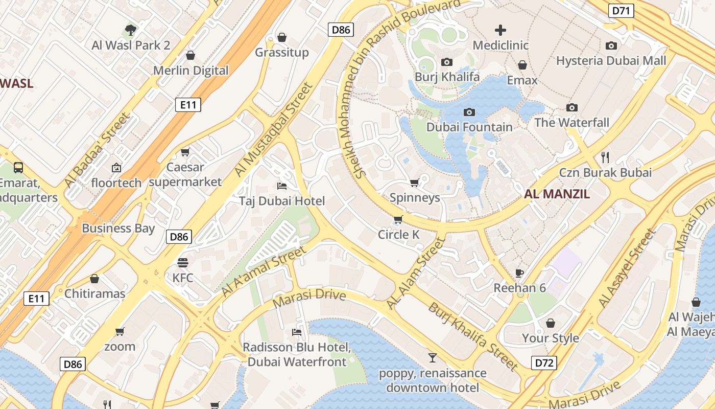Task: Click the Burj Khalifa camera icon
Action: pyautogui.click(x=447, y=62)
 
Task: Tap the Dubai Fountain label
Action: pyautogui.click(x=469, y=127)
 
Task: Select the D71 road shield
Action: pyautogui.click(x=621, y=10)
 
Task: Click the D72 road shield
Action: pyautogui.click(x=543, y=363)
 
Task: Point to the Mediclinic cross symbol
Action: pyautogui.click(x=500, y=30)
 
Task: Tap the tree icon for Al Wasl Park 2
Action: pyautogui.click(x=131, y=30)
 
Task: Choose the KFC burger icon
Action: pyautogui.click(x=183, y=263)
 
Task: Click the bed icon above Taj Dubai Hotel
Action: pyautogui.click(x=282, y=186)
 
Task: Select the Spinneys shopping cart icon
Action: pyautogui.click(x=415, y=183)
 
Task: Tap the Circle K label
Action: pyautogui.click(x=398, y=235)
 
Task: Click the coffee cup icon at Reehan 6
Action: pyautogui.click(x=519, y=272)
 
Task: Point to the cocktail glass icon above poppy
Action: pyautogui.click(x=433, y=357)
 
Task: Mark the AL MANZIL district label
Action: pyautogui.click(x=557, y=194)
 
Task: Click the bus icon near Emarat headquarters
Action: pyautogui.click(x=18, y=167)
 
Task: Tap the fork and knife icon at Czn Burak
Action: pyautogui.click(x=605, y=157)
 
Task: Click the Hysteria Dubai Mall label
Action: pyautogui.click(x=611, y=61)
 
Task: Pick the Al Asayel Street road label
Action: pyautogui.click(x=627, y=269)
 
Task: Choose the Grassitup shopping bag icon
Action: pyautogui.click(x=281, y=37)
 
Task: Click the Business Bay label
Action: pyautogui.click(x=118, y=228)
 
